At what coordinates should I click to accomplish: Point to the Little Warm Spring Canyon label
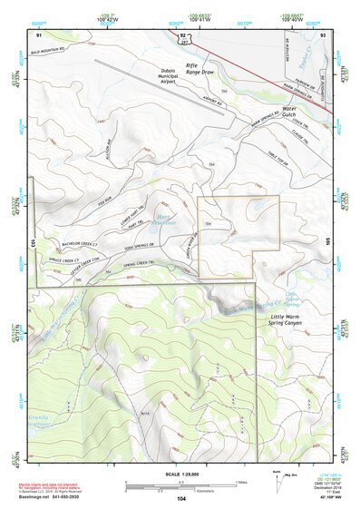click(288, 318)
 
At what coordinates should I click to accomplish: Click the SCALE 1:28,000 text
click(180, 472)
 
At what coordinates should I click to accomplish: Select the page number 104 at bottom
click(181, 499)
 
